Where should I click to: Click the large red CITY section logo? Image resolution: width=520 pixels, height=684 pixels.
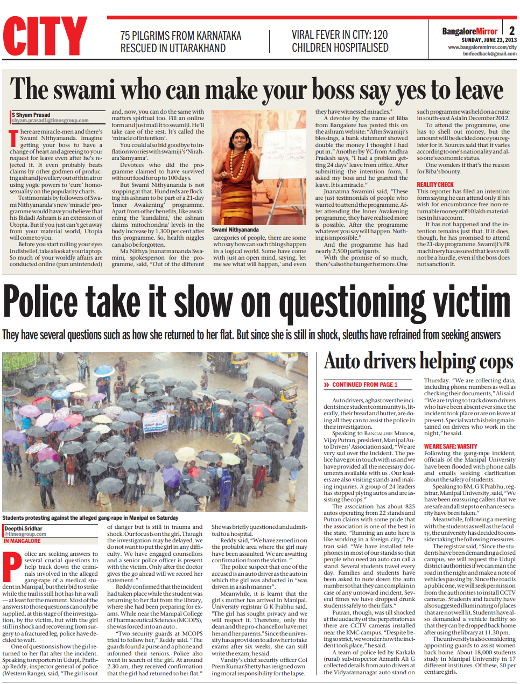pos(45,36)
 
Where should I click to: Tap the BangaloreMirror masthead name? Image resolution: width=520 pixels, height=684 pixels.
pos(469,31)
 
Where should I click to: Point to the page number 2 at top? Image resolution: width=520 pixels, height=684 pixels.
pos(511,31)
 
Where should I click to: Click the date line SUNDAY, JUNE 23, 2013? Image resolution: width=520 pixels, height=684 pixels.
pos(488,40)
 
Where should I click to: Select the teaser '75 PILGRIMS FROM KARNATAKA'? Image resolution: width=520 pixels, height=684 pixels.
pos(180,36)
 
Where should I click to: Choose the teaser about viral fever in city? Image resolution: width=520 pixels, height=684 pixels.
pos(340,35)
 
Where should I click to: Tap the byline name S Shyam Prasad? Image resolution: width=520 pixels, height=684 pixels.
pos(31,115)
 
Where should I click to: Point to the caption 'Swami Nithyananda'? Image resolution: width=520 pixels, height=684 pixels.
pos(235,229)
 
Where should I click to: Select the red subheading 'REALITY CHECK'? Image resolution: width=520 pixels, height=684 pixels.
pos(435,185)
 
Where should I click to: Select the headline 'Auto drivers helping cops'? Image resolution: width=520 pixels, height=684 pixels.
pos(418,361)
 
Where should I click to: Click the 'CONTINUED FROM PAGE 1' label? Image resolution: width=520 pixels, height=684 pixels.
pos(364,385)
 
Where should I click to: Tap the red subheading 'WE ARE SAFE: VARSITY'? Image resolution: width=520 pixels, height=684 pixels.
pos(450,446)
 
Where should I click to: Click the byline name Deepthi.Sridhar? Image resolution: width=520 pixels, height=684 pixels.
pos(24,528)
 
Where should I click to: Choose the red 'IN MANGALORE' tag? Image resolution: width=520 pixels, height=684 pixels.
pos(22,541)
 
